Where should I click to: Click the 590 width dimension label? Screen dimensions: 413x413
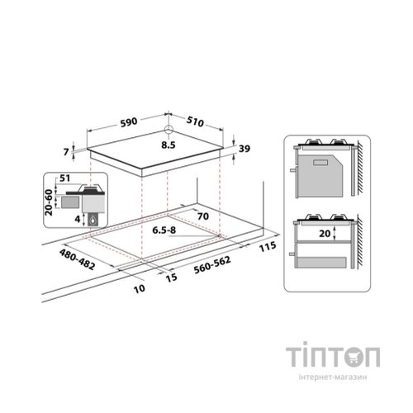click(x=129, y=122)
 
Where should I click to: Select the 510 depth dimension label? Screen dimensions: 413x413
click(x=195, y=121)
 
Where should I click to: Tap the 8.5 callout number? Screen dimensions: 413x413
click(x=169, y=145)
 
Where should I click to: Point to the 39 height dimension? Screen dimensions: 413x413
click(x=244, y=149)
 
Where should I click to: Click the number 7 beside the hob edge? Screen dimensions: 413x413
click(x=66, y=152)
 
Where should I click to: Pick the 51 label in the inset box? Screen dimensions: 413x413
click(x=64, y=178)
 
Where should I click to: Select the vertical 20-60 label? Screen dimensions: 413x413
click(x=49, y=202)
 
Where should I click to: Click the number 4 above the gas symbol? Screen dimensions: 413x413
click(x=78, y=219)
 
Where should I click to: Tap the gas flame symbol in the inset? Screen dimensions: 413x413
click(x=93, y=220)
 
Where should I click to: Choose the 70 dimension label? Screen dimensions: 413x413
click(x=203, y=216)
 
